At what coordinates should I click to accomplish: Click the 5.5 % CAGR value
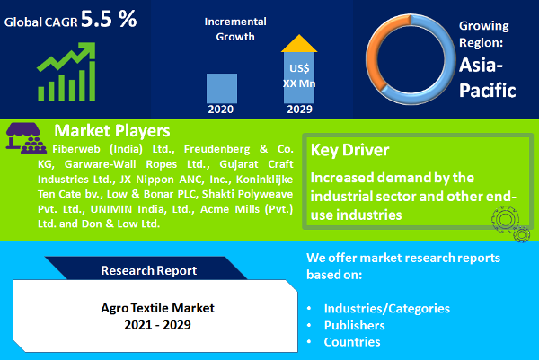(109, 19)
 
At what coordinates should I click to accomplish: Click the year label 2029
(299, 110)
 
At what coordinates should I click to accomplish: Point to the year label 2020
(221, 110)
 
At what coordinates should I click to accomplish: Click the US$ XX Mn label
(299, 76)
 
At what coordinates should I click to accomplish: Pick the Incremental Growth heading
(235, 29)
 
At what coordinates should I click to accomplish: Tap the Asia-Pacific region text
(488, 78)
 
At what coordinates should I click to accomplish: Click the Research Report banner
(148, 269)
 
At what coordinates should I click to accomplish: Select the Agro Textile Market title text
(151, 307)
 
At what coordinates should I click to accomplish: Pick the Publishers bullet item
(357, 325)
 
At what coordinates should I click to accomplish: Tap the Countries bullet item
(352, 342)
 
